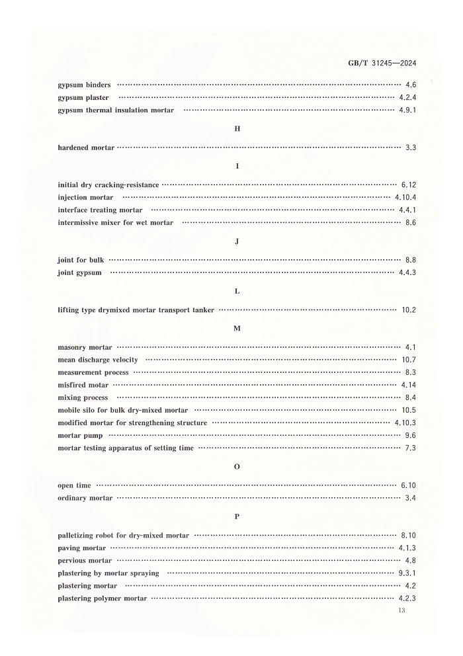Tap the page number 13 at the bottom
click(401, 610)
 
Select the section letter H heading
click(237, 128)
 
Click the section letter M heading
click(237, 328)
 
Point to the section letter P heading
click(237, 516)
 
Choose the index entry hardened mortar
click(86, 147)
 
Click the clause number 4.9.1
click(407, 110)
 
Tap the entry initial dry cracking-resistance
click(108, 184)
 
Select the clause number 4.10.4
click(405, 197)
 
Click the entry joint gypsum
click(79, 272)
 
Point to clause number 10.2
click(409, 309)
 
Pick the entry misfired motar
click(83, 384)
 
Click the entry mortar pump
click(80, 435)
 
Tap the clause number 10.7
click(409, 360)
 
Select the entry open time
click(74, 485)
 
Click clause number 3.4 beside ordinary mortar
click(410, 497)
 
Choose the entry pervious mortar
click(85, 560)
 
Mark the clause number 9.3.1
click(407, 573)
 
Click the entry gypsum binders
click(84, 85)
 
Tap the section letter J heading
click(237, 241)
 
